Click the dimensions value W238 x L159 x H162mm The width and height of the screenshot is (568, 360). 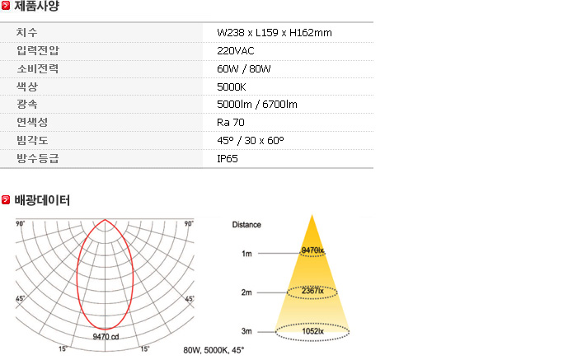click(x=275, y=33)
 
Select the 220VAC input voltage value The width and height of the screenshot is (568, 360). click(x=236, y=50)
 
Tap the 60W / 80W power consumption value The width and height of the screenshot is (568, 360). click(x=243, y=68)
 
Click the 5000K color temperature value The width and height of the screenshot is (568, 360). click(x=231, y=86)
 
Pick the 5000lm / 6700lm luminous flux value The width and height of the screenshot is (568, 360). click(x=257, y=104)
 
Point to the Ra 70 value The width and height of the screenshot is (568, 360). click(x=230, y=122)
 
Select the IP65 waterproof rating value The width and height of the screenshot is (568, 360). click(x=228, y=158)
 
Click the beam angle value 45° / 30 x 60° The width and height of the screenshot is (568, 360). click(x=251, y=140)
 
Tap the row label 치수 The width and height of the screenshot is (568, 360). click(x=27, y=33)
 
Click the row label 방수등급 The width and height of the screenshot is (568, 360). click(x=38, y=158)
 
